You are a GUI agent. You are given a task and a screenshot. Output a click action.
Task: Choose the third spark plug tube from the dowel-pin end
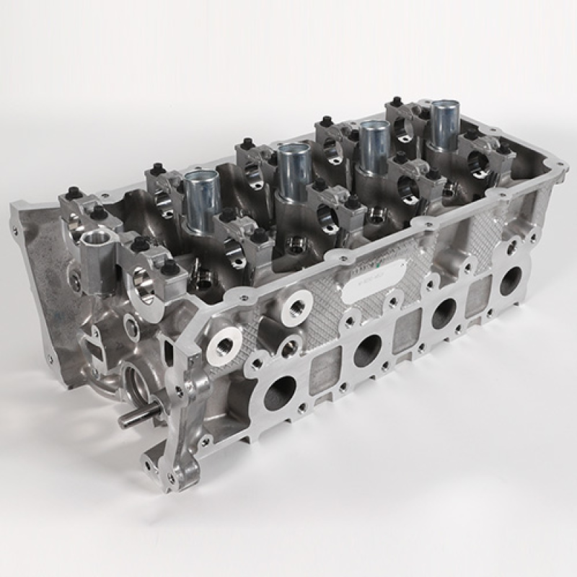[x=374, y=144]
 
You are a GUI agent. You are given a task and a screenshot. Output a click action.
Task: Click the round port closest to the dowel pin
[x=280, y=393]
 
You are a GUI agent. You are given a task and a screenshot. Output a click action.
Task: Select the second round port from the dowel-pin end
[x=367, y=351]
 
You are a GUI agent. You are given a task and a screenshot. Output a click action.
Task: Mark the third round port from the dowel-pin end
[x=444, y=312]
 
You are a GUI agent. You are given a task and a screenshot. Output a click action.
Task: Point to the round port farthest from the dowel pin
[x=511, y=280]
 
